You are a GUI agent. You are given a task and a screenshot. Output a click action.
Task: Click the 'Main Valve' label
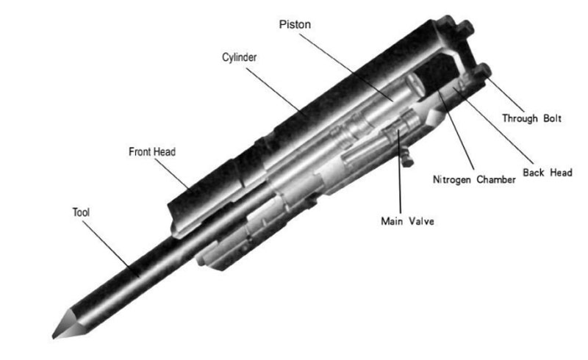click(x=402, y=220)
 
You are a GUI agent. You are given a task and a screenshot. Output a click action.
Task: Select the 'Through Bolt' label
click(x=531, y=118)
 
